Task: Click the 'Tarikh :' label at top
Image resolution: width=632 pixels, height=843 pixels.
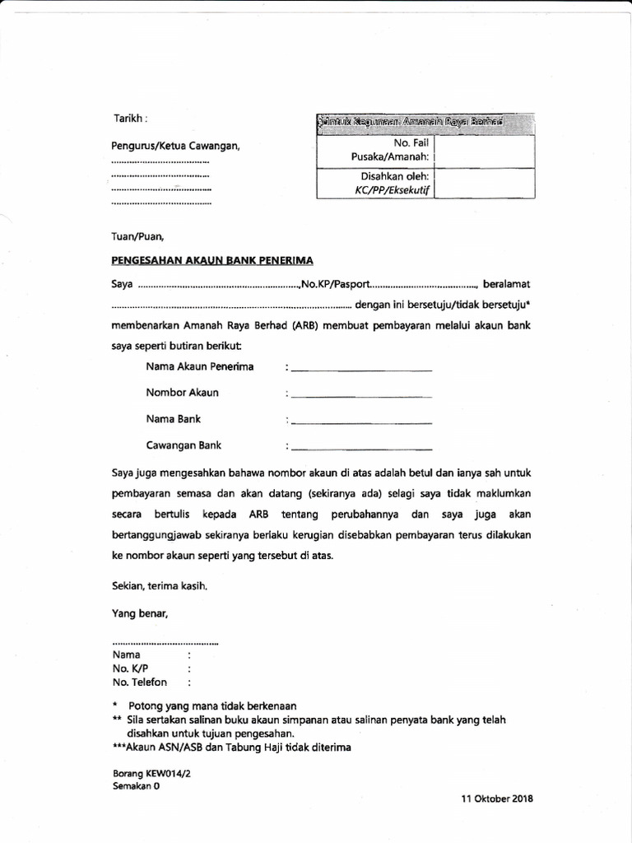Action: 130,119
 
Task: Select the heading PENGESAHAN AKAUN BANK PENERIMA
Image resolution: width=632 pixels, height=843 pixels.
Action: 212,260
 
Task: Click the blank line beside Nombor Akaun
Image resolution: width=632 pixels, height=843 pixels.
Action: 361,396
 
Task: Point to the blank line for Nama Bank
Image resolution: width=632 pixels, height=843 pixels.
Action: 361,423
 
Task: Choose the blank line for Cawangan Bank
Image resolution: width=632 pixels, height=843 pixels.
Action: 361,449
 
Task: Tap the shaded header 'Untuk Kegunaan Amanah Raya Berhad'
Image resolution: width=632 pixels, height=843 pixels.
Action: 410,123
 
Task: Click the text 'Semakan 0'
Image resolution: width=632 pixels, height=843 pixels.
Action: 136,786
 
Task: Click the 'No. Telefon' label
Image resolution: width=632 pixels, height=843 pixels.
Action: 140,682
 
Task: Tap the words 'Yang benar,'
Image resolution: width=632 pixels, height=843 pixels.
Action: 140,612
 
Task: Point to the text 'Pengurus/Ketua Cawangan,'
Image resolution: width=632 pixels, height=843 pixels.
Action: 175,147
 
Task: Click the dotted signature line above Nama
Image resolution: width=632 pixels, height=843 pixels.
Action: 165,641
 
